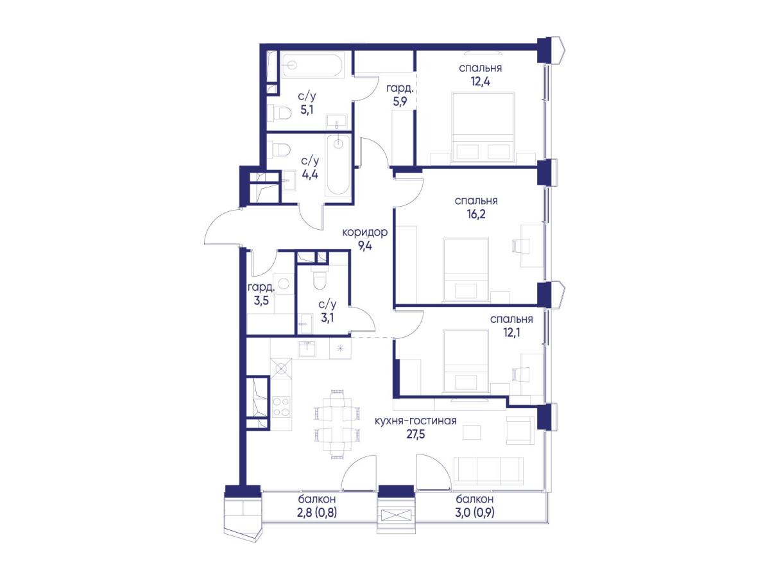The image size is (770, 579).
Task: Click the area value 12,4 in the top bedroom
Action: click(480, 82)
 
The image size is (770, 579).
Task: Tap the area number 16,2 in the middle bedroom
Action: click(476, 214)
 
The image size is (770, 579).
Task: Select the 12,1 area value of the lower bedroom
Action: click(512, 333)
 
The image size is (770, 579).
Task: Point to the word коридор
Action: click(365, 232)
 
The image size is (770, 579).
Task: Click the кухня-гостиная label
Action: click(416, 420)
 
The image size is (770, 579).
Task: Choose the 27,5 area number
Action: click(416, 434)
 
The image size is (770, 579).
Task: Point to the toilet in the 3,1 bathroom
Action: click(319, 280)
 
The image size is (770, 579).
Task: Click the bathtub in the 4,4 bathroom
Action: click(338, 166)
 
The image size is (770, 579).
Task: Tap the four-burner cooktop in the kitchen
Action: click(281, 406)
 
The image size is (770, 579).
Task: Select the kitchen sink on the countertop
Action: click(307, 349)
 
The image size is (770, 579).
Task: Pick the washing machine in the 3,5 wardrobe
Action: click(284, 283)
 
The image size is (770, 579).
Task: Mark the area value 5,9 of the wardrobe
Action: click(400, 102)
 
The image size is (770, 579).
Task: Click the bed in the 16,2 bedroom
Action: click(466, 269)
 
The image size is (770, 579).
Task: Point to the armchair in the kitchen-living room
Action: click(521, 431)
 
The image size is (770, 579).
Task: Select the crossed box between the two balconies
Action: click(396, 515)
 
